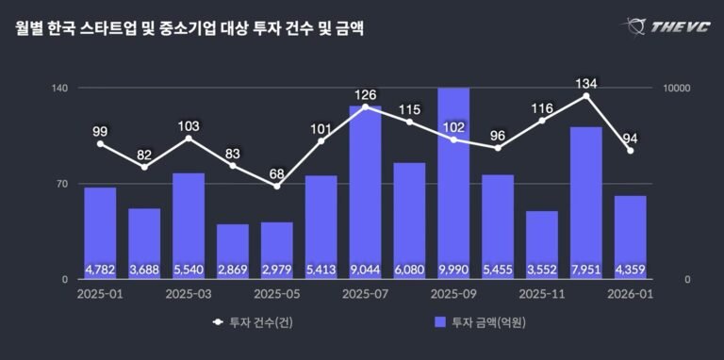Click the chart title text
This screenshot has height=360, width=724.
pos(189,29)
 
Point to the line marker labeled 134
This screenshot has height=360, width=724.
pos(586,96)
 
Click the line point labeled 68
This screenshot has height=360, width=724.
pos(277,186)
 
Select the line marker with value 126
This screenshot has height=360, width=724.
pos(365,106)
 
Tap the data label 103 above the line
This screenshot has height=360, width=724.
pos(189,125)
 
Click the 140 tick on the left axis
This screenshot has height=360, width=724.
pos(58,89)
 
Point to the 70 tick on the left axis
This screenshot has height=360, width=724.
pos(61,184)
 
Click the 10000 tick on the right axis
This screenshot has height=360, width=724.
pos(679,89)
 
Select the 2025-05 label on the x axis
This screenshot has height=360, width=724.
pos(276,294)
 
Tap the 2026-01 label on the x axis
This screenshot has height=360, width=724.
pos(630,294)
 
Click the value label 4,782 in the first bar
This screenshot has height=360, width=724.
pos(100,270)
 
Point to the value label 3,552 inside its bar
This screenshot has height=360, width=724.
pos(542,270)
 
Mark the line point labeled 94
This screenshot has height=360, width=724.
pos(630,151)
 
